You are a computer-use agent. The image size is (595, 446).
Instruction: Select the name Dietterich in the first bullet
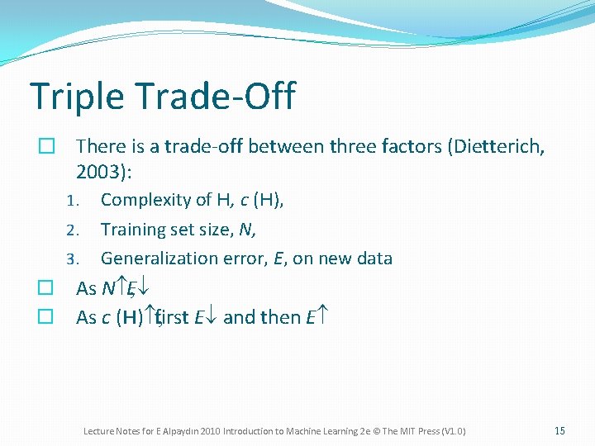coord(498,147)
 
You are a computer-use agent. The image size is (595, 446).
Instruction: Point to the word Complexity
coord(145,200)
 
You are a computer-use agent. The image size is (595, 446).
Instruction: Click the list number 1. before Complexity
coord(73,201)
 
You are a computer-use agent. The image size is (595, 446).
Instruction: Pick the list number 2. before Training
coord(73,230)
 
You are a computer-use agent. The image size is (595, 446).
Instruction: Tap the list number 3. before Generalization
coord(73,259)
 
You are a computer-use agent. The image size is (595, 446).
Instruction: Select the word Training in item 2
coord(132,229)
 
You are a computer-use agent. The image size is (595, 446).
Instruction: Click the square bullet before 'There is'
coord(46,147)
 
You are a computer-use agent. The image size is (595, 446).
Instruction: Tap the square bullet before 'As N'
coord(46,288)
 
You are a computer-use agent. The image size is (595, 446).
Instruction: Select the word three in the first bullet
coord(353,147)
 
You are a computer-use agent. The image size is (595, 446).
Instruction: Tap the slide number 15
coord(559,431)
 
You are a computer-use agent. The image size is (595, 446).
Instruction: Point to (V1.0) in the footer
coord(453,431)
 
